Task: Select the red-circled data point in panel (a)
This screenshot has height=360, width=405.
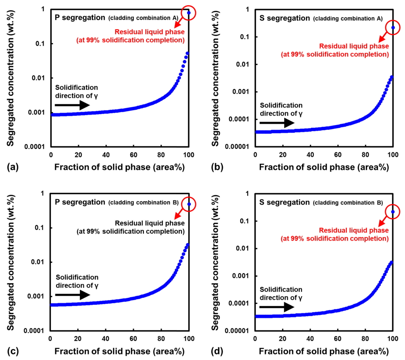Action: [x=189, y=13]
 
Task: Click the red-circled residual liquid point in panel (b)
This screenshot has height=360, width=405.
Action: [x=393, y=28]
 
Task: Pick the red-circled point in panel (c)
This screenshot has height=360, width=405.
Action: [x=189, y=204]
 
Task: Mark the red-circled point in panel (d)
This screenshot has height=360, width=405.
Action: [x=393, y=212]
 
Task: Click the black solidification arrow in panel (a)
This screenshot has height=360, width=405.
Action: [x=72, y=106]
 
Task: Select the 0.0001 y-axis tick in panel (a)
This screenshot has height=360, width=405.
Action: [x=36, y=146]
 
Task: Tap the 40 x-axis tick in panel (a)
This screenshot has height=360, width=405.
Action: [x=106, y=155]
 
